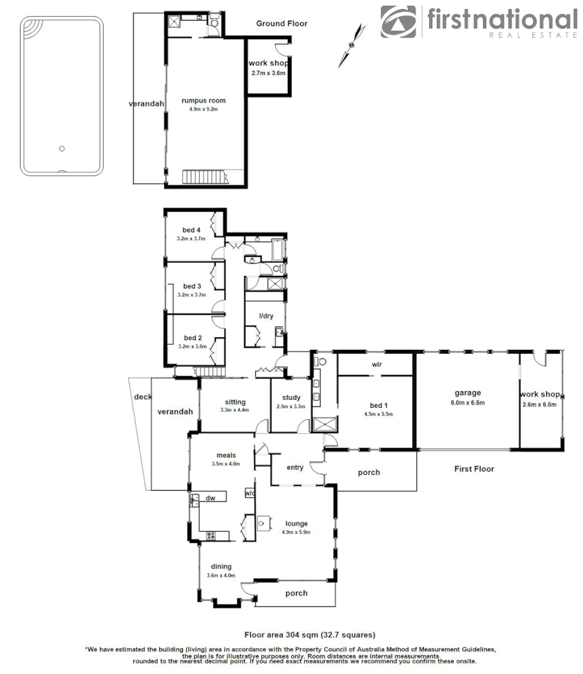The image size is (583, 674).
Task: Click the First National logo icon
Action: (399, 21)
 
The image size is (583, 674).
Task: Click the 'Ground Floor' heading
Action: (281, 23)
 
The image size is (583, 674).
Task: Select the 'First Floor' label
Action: (474, 469)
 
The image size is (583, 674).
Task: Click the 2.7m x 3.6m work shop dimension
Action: (268, 73)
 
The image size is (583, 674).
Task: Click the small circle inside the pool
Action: (62, 149)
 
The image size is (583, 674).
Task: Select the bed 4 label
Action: (191, 230)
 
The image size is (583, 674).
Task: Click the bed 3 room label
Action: (192, 286)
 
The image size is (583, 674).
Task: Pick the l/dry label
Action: (266, 316)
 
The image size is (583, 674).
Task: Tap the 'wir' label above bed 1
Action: (376, 365)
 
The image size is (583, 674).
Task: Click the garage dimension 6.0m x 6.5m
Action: (467, 403)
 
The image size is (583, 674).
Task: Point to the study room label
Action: (290, 398)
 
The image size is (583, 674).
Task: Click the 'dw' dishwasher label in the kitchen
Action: (210, 498)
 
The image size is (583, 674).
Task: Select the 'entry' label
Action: (295, 468)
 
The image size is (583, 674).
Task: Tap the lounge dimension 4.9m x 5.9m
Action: (295, 532)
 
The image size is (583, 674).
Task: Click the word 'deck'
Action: (142, 397)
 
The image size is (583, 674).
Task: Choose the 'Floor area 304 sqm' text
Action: (310, 634)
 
